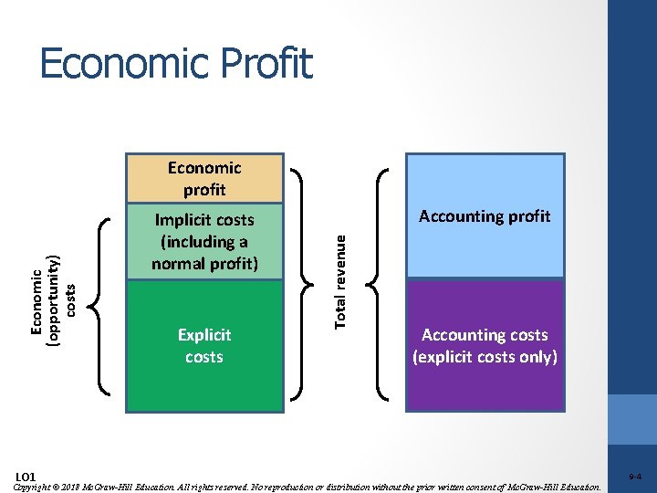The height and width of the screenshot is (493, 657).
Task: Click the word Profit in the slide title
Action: click(269, 64)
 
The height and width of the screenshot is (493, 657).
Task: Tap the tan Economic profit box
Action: click(204, 178)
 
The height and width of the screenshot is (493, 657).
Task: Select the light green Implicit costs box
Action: click(204, 242)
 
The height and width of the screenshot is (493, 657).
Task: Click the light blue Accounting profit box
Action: click(485, 216)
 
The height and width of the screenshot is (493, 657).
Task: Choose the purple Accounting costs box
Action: click(485, 346)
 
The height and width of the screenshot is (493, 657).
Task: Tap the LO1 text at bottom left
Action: click(26, 477)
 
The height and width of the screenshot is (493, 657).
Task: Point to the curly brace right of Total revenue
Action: click(380, 284)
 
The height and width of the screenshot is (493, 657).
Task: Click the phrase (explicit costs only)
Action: click(485, 357)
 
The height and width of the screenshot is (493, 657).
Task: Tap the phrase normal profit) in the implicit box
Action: click(204, 265)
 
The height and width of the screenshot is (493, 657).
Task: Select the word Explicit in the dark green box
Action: click(204, 335)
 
